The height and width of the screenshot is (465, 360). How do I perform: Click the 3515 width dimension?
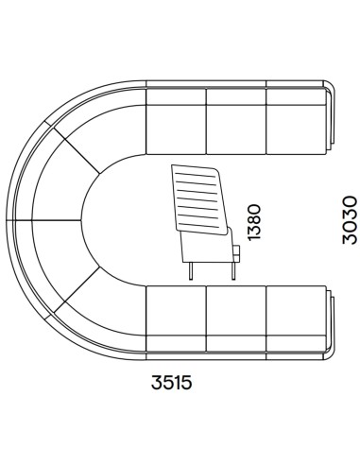tap(171, 383)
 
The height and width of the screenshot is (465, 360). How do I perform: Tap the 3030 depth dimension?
tap(350, 220)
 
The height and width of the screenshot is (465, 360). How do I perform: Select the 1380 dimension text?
tap(254, 222)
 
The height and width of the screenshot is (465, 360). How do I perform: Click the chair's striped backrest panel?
tap(199, 199)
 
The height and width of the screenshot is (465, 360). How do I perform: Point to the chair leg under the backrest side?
tap(191, 271)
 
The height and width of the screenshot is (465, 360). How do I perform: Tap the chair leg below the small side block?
tap(233, 271)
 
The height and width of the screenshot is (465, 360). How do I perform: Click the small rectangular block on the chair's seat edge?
tap(237, 253)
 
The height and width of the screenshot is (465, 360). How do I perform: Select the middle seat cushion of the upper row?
tap(236, 129)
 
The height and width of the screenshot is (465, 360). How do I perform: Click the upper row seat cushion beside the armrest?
tap(296, 129)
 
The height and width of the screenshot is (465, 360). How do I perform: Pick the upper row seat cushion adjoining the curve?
tap(177, 129)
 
